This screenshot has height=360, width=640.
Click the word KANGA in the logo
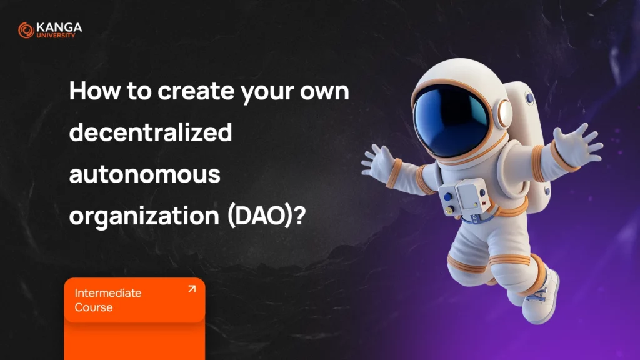tap(59, 27)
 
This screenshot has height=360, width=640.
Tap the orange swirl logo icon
tap(26, 30)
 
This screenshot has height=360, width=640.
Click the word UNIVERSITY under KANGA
tap(56, 36)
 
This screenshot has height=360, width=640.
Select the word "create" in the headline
tap(196, 91)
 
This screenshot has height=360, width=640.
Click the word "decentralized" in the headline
tap(151, 132)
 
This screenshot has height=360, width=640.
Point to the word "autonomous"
tap(145, 174)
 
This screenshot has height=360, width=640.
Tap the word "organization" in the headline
tap(144, 216)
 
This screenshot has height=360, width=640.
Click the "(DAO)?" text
tap(266, 216)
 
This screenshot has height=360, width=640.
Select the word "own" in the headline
tap(324, 92)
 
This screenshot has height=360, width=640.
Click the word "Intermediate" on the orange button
tap(108, 293)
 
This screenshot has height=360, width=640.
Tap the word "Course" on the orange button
tap(94, 307)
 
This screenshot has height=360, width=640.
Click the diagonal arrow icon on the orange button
tap(192, 289)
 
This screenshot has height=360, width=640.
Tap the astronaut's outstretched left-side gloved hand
tap(379, 161)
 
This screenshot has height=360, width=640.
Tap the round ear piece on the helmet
tap(504, 114)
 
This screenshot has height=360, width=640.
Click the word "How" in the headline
tap(95, 91)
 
